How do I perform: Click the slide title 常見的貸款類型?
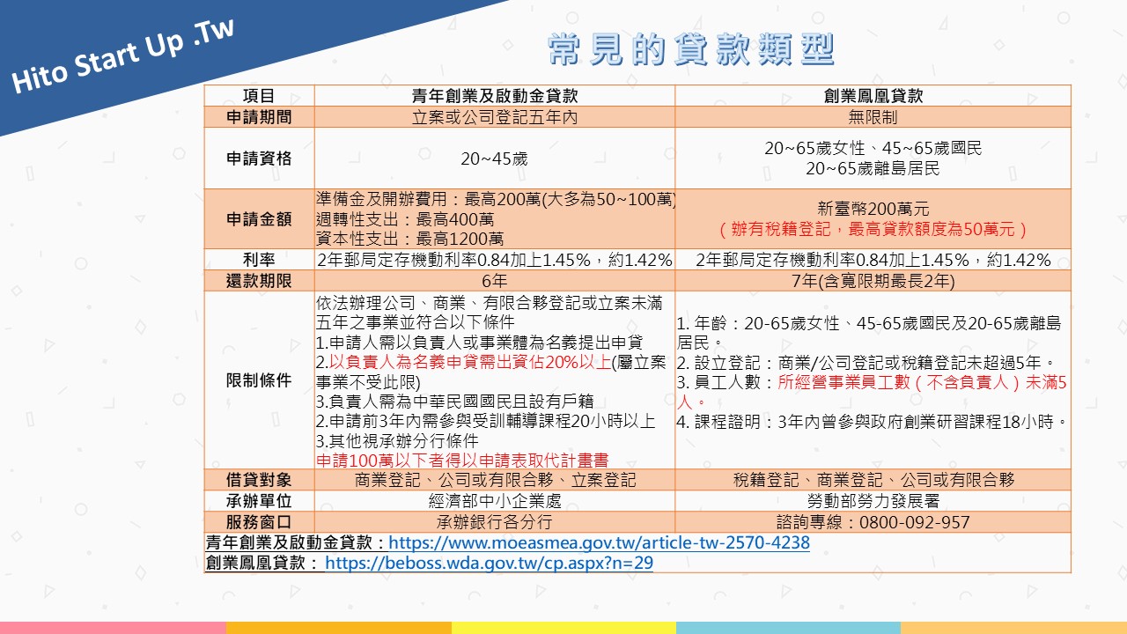(691, 49)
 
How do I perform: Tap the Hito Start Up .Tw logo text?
(122, 56)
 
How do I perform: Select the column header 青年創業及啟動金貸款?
(495, 96)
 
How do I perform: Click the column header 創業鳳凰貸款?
(873, 96)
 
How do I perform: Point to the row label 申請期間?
(259, 117)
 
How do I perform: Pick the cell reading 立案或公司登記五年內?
(495, 117)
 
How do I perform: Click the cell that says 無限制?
(873, 117)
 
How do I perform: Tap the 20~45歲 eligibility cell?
(495, 158)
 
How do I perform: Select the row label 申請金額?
(259, 219)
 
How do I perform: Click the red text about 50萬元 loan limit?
(873, 230)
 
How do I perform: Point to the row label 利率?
(259, 260)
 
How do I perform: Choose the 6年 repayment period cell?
(495, 281)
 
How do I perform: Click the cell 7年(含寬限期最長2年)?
(873, 281)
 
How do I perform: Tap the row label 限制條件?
(259, 380)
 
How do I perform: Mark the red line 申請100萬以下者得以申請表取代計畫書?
(462, 460)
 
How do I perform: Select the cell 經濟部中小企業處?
(495, 501)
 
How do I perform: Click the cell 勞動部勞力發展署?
(873, 501)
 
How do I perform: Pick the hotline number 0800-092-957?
(914, 522)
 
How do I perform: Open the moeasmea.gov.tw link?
(600, 542)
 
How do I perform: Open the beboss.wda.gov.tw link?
(489, 563)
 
